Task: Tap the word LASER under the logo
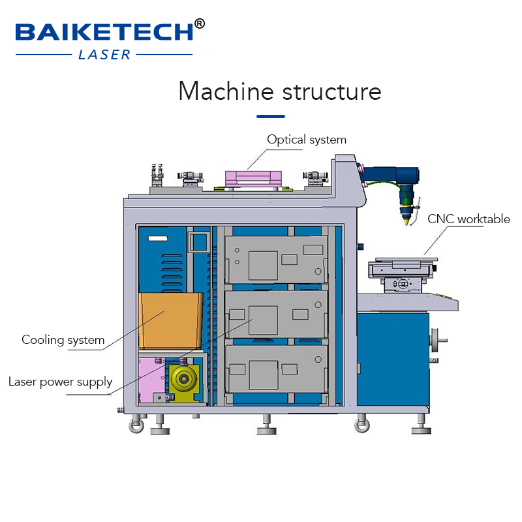(x=104, y=55)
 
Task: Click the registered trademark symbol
(x=200, y=23)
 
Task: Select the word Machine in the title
(x=226, y=91)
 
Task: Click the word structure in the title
(x=331, y=92)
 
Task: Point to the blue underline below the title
(x=271, y=116)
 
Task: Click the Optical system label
(x=307, y=140)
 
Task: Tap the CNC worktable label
(x=468, y=219)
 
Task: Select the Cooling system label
(x=63, y=340)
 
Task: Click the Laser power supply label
(x=60, y=382)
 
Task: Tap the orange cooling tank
(x=170, y=320)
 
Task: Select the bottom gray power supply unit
(x=275, y=369)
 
